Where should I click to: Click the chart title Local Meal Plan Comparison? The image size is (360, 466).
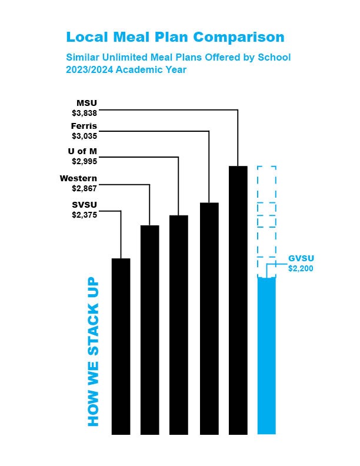click(175, 37)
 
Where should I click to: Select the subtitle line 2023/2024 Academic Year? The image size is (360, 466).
click(126, 69)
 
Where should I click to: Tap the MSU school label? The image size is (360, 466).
click(86, 103)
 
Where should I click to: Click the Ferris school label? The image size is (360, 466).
click(84, 127)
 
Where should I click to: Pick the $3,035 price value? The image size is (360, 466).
click(84, 136)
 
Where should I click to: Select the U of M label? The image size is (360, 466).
click(82, 151)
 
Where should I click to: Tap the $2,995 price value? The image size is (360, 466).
click(84, 161)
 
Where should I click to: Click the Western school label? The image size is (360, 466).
click(78, 178)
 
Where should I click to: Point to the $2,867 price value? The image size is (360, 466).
click(84, 188)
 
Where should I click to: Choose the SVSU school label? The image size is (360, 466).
click(84, 205)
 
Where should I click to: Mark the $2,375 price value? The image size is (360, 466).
click(84, 215)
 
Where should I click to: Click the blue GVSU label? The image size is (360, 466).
click(300, 259)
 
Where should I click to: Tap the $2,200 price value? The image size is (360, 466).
click(300, 268)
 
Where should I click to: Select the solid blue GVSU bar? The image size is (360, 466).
click(266, 356)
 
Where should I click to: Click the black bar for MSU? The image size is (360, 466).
click(238, 300)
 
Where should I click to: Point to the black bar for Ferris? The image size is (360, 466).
click(209, 318)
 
